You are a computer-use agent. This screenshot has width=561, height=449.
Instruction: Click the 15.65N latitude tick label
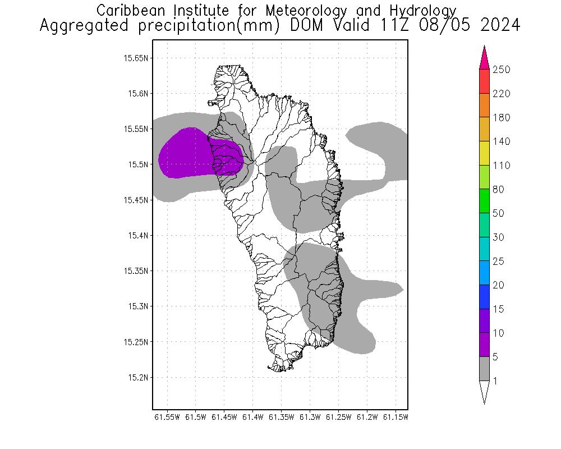click(x=136, y=58)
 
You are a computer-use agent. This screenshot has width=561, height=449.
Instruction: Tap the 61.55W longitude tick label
click(x=167, y=417)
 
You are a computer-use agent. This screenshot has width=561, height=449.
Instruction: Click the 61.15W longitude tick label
click(x=394, y=417)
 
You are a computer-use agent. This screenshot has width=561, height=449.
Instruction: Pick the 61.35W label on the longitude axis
click(x=280, y=417)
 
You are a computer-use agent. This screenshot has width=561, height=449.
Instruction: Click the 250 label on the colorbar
click(x=501, y=70)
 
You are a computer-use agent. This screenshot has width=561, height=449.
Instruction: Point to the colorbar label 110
click(x=501, y=166)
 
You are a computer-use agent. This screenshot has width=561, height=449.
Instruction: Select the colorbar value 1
click(x=495, y=381)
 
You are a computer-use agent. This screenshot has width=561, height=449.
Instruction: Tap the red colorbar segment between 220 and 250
click(x=485, y=81)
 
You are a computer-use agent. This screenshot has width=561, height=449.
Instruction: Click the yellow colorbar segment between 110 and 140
click(x=485, y=153)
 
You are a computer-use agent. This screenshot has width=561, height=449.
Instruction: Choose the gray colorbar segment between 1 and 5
click(x=485, y=369)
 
